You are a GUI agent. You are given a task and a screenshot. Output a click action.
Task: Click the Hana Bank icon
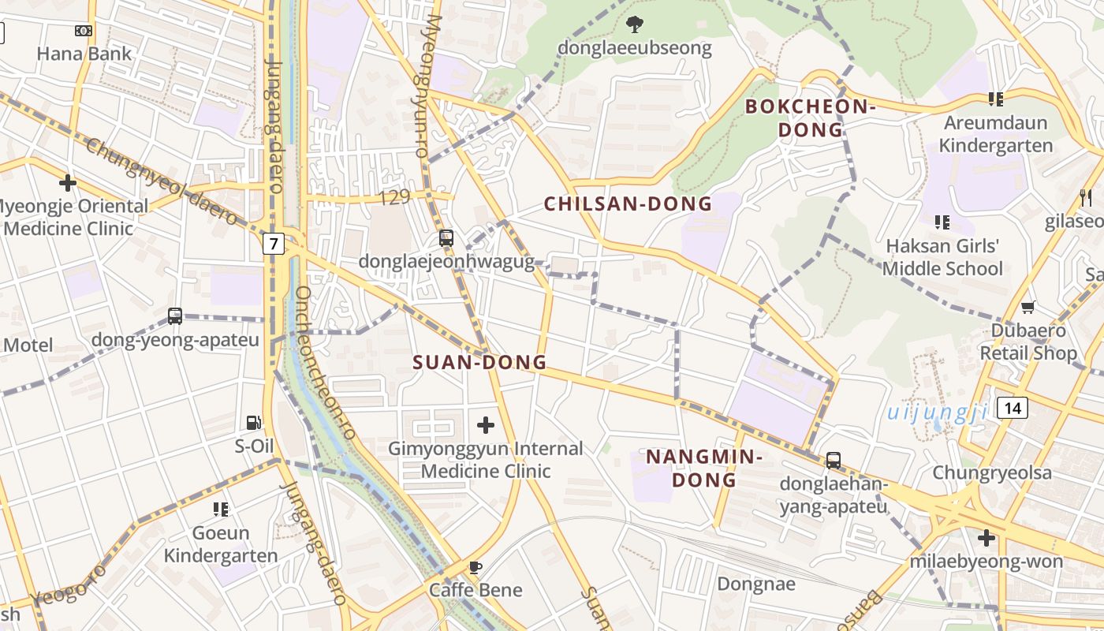84,31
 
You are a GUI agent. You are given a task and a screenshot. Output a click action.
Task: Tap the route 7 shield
273,244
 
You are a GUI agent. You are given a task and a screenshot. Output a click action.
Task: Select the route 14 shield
1013,408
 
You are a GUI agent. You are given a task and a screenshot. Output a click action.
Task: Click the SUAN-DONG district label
479,363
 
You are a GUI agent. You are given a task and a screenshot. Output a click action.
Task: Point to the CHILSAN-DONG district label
628,204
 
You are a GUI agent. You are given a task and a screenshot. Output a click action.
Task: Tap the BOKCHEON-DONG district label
811,118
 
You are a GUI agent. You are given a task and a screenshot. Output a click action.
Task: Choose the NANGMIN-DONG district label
703,469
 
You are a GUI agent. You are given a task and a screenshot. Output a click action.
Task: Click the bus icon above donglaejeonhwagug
446,238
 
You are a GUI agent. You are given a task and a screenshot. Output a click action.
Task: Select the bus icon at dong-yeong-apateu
175,316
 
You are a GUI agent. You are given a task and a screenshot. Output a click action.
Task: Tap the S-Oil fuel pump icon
253,423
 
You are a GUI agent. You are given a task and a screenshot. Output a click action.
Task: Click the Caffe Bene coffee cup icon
475,568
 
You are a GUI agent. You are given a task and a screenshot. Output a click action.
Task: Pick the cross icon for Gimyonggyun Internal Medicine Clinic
486,426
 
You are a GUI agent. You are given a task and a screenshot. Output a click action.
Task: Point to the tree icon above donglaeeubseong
634,25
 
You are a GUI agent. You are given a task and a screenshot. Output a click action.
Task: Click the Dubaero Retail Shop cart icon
1028,307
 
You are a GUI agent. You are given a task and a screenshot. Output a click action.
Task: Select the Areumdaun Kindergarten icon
995,99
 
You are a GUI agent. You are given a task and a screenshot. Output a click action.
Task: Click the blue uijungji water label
937,413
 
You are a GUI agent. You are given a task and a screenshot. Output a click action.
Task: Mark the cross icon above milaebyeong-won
986,539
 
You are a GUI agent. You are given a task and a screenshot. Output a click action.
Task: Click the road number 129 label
394,198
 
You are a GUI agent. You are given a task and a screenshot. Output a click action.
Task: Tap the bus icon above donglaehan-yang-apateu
834,461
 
